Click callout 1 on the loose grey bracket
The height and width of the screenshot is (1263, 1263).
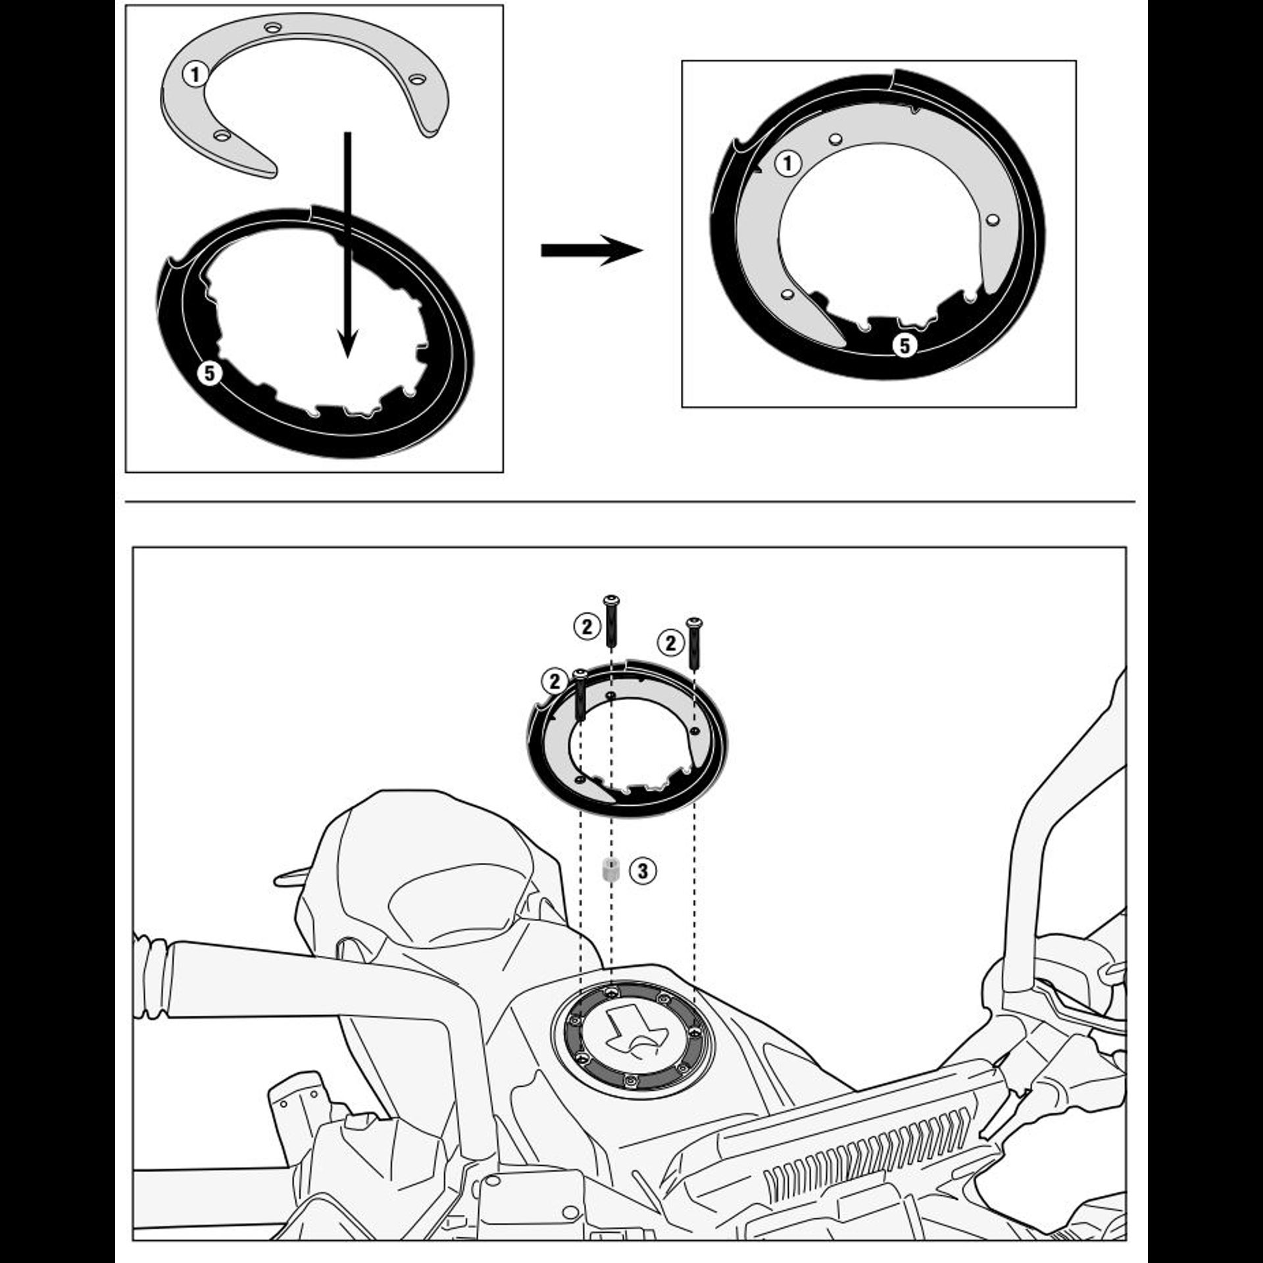click(195, 74)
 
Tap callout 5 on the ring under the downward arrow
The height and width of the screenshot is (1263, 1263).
click(209, 374)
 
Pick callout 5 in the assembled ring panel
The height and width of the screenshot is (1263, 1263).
click(904, 345)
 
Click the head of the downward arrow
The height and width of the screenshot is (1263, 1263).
click(348, 343)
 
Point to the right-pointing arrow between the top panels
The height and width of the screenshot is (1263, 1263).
click(591, 250)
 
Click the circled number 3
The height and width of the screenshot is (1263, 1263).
click(643, 871)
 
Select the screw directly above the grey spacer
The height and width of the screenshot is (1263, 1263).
click(612, 620)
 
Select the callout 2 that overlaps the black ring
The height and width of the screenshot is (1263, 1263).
click(555, 681)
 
